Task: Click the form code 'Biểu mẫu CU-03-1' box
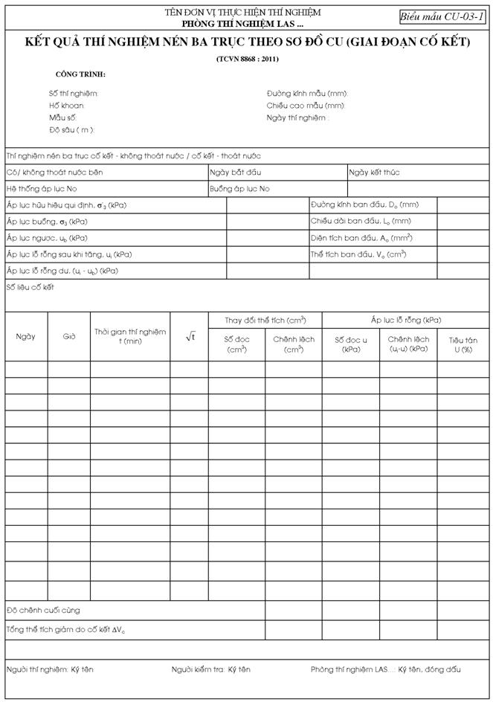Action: tap(442, 16)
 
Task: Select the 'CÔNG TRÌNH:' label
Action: tap(80, 75)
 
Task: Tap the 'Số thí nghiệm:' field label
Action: tap(73, 94)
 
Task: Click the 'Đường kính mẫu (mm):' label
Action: tap(307, 94)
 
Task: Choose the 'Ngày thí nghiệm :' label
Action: tap(297, 117)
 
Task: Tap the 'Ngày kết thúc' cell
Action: tap(375, 173)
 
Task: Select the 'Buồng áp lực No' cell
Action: tap(240, 189)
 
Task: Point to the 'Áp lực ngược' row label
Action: tap(47, 238)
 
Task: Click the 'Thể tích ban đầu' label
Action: tap(358, 254)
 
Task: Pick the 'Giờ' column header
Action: tap(69, 336)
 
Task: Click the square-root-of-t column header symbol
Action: tap(190, 336)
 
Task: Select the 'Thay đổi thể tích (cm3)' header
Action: tap(265, 320)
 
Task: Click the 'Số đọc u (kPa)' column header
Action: tap(351, 344)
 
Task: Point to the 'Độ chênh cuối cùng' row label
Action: tap(43, 611)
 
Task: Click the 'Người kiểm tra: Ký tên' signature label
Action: tap(210, 669)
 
